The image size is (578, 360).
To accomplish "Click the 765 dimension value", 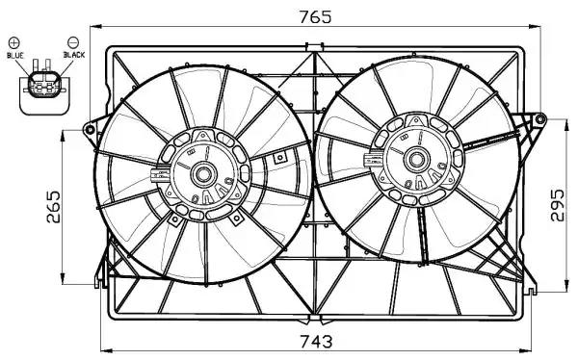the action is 315,17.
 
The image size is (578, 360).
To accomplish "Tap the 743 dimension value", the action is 316,342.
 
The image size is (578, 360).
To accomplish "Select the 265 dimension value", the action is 54,206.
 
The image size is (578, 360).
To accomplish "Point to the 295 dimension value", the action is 557,205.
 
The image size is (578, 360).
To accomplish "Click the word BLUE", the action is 15,55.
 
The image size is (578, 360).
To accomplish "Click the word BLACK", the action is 74,55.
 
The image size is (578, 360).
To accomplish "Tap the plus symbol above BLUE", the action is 14,42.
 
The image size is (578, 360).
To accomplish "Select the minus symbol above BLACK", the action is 73,41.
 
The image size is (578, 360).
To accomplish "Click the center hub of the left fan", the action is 203,175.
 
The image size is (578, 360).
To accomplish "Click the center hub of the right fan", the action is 417,160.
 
